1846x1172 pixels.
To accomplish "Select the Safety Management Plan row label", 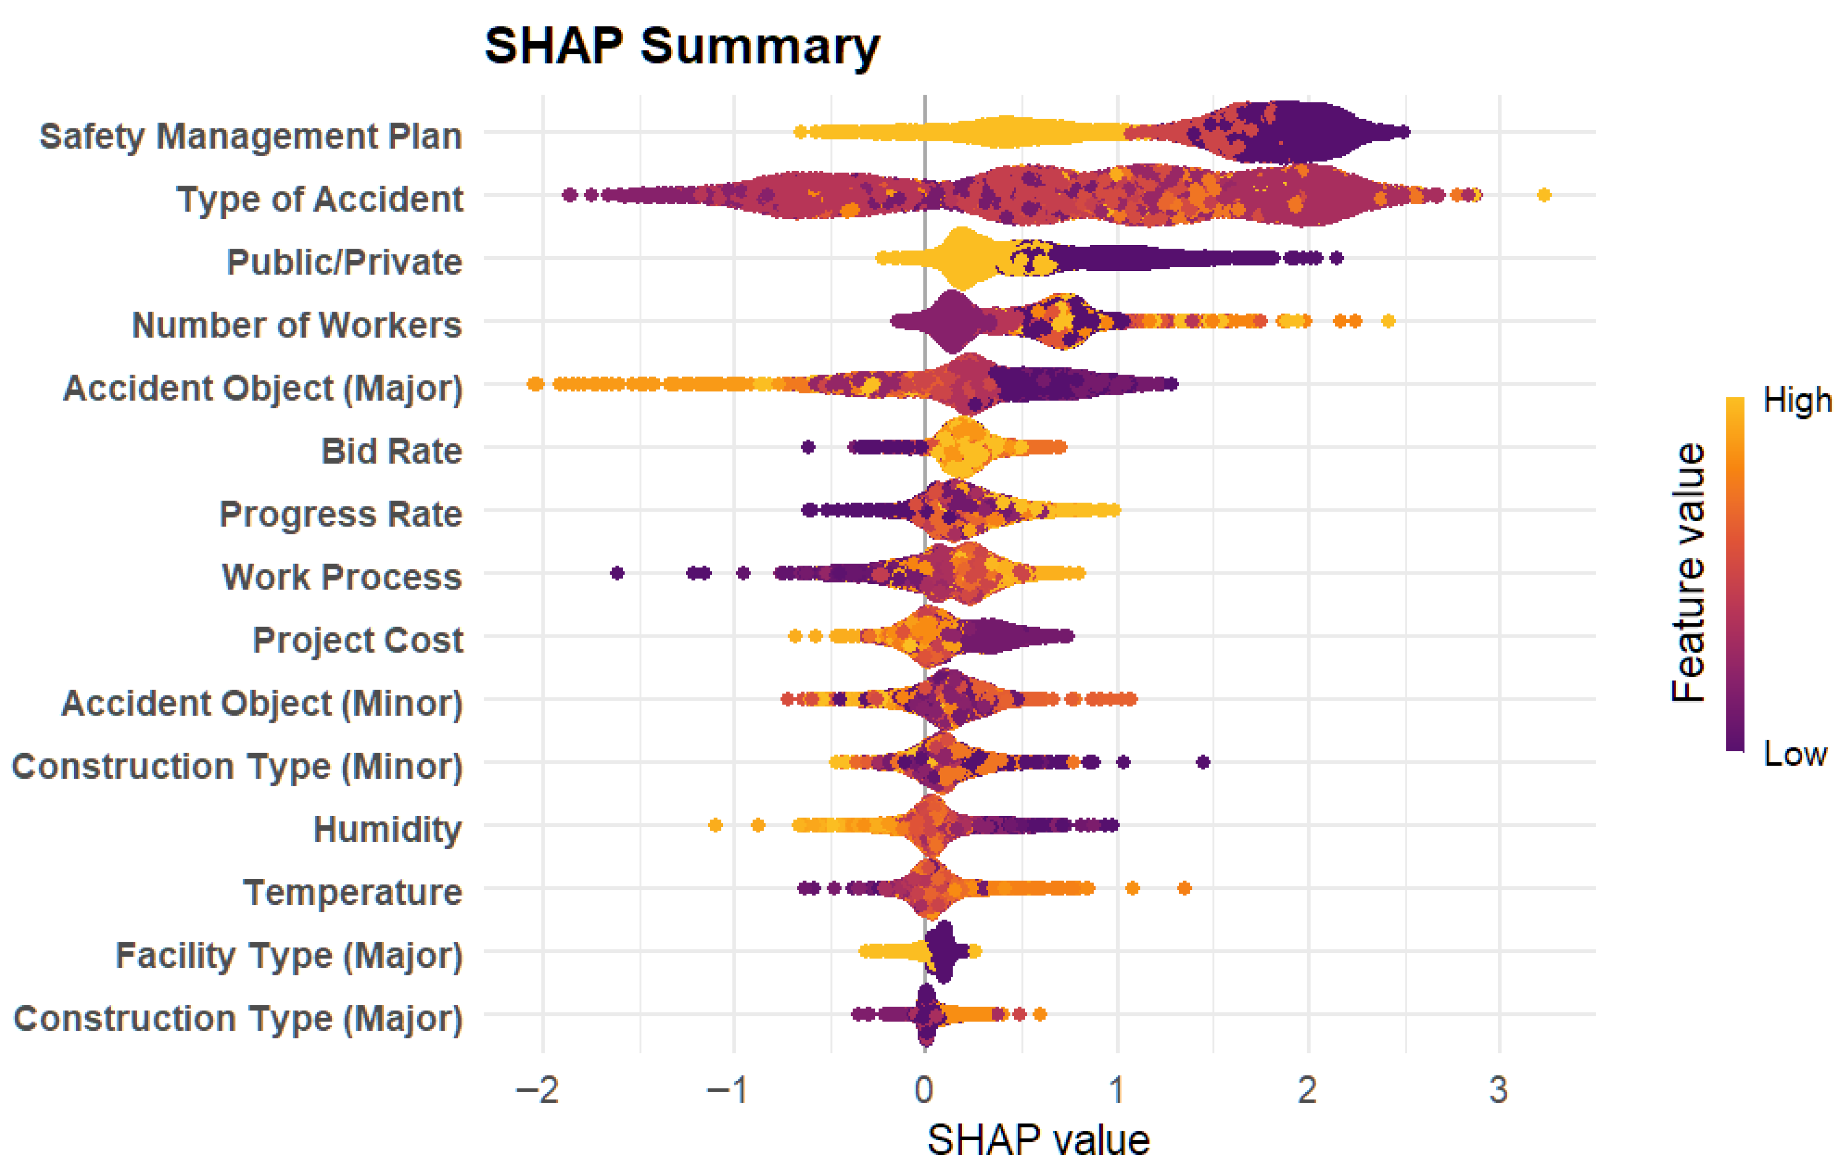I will click(251, 137).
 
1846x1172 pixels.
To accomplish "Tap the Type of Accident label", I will click(320, 199).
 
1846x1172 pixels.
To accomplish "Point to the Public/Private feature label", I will click(344, 262).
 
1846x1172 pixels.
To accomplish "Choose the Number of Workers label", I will click(297, 325).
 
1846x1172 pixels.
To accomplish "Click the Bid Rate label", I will click(392, 451).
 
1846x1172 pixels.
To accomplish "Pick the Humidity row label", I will click(388, 829).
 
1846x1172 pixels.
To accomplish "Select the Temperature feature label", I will click(352, 892).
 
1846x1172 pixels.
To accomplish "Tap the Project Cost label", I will click(358, 640).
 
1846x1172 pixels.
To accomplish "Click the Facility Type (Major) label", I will click(289, 956).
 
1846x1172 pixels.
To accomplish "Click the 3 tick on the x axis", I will click(1499, 1089).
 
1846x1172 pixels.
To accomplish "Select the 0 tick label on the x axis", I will click(925, 1089).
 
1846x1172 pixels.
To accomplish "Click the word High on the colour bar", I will click(1796, 400).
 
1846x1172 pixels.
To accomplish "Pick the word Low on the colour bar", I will click(1795, 754).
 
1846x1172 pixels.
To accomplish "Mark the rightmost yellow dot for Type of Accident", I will click(1544, 195).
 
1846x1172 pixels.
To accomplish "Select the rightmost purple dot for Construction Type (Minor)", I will click(1203, 762).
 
